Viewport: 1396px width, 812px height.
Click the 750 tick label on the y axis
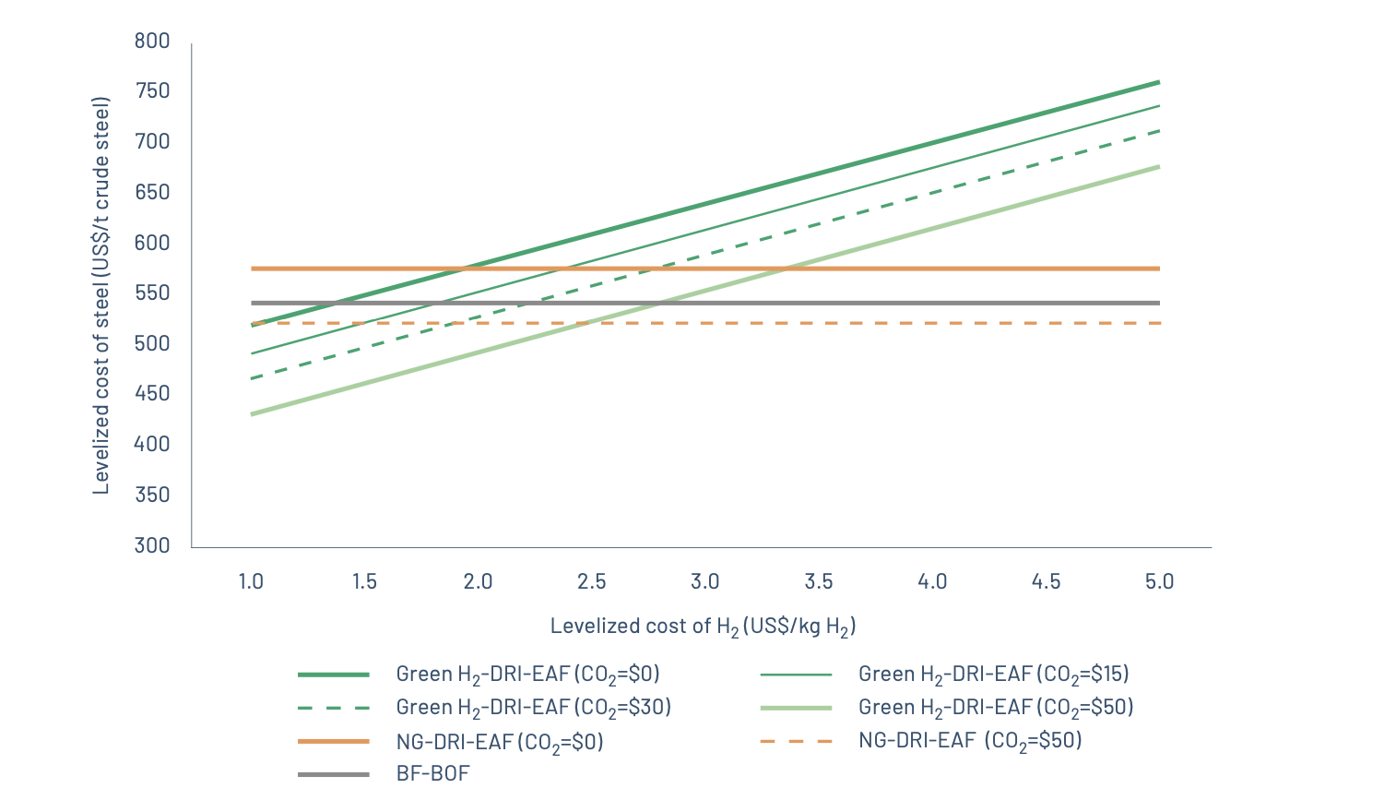(152, 90)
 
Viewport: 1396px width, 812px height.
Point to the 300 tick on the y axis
(152, 545)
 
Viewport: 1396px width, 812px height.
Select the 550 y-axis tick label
(152, 293)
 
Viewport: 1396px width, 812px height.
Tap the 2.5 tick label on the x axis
(592, 581)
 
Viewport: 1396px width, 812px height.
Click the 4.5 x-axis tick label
(1046, 581)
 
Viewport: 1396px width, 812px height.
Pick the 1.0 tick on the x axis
(251, 581)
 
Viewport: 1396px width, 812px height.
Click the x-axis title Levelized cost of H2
(703, 627)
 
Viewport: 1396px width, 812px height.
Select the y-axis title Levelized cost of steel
(101, 295)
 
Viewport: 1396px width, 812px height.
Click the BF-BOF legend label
(432, 773)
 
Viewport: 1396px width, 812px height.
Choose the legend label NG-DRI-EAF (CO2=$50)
(970, 741)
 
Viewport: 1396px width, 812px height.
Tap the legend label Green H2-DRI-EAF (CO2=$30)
(533, 708)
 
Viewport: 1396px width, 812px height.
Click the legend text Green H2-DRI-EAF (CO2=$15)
(993, 675)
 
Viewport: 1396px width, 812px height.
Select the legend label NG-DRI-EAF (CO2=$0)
(500, 742)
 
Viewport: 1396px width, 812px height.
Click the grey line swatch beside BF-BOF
(334, 774)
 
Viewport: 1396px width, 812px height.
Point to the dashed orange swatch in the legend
(796, 741)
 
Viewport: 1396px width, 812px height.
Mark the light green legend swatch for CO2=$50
(796, 708)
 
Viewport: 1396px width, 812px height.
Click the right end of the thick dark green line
(1159, 82)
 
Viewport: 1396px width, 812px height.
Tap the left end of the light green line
(251, 414)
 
